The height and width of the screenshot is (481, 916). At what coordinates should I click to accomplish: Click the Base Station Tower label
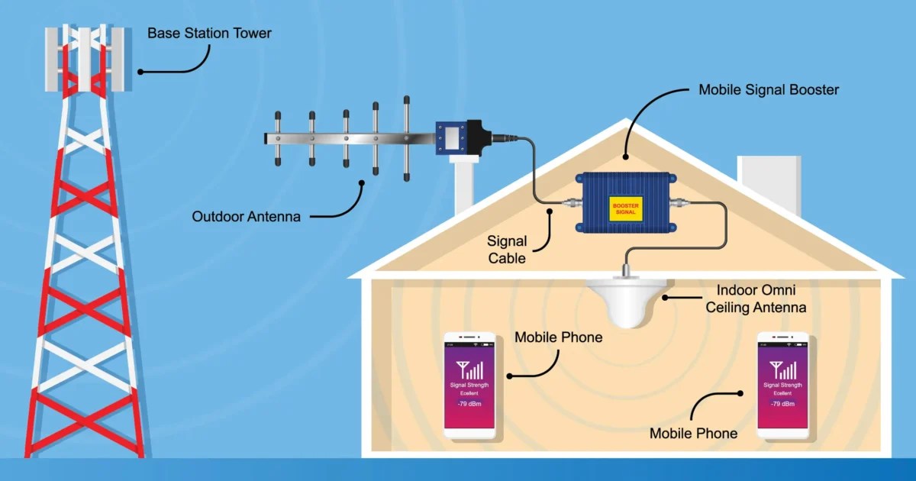click(209, 34)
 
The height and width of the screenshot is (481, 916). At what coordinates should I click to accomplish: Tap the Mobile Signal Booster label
click(769, 90)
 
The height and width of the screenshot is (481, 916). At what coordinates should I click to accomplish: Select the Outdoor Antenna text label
click(246, 216)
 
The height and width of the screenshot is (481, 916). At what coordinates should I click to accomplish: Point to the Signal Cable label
click(507, 250)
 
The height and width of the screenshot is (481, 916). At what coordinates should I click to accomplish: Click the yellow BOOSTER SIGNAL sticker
click(625, 206)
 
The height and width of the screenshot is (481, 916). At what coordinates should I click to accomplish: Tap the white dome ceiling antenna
click(625, 302)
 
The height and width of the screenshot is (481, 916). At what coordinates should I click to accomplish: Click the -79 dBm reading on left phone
click(469, 402)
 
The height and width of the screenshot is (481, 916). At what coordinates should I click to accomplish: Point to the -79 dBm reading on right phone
click(782, 402)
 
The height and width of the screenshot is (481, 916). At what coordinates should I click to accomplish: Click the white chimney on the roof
click(768, 184)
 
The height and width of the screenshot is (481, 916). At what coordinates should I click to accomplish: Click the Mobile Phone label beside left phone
click(559, 337)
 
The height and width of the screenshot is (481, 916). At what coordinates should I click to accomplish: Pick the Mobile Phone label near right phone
click(693, 434)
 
